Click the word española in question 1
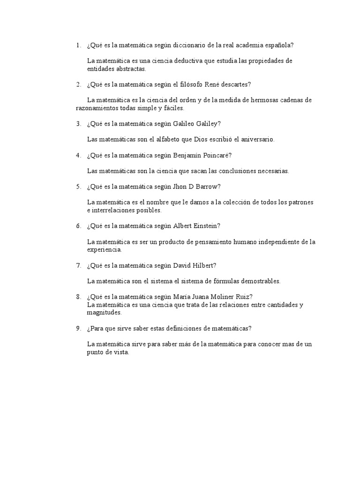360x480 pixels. pos(280,45)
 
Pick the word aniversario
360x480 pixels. pos(256,139)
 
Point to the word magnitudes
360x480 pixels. pos(104,312)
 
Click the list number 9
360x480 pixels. pos(79,328)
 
